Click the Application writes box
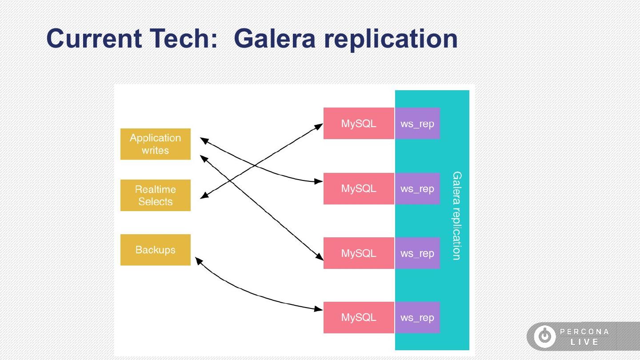pyautogui.click(x=156, y=144)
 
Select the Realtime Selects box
pyautogui.click(x=156, y=195)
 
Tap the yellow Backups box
pyautogui.click(x=156, y=250)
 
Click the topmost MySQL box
pyautogui.click(x=359, y=124)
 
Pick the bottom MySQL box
pyautogui.click(x=359, y=317)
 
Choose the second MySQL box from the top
pyautogui.click(x=359, y=188)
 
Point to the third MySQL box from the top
pyautogui.click(x=359, y=253)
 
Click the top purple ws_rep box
pyautogui.click(x=417, y=124)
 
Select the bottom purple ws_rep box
pyautogui.click(x=417, y=317)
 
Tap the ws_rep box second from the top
pyautogui.click(x=417, y=188)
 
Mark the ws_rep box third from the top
pyautogui.click(x=417, y=253)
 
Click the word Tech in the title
pyautogui.click(x=184, y=39)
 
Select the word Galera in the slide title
pyautogui.click(x=275, y=39)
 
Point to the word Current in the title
pyautogui.click(x=94, y=39)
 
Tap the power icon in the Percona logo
pyautogui.click(x=545, y=336)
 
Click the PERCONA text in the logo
pyautogui.click(x=584, y=332)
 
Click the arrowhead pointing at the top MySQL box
pyautogui.click(x=319, y=127)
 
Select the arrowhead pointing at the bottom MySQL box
pyautogui.click(x=318, y=309)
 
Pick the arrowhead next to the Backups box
pyautogui.click(x=199, y=260)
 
